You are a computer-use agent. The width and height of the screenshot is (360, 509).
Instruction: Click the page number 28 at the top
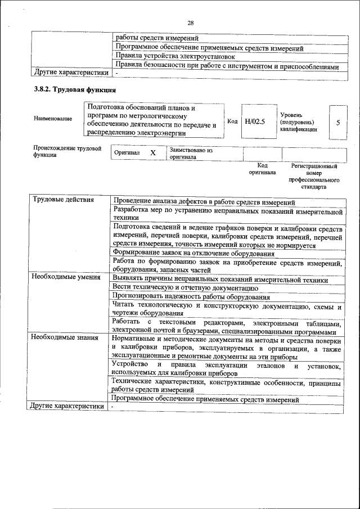tap(191, 23)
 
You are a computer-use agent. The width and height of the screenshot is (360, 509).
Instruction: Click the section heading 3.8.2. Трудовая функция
tap(75, 89)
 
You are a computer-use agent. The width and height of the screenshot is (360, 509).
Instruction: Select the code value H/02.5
tap(255, 120)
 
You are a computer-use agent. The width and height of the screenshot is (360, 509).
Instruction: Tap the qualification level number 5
tap(337, 121)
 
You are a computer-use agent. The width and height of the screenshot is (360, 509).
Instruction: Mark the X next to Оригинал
tap(152, 153)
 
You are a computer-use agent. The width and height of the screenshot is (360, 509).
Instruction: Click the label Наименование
tap(53, 119)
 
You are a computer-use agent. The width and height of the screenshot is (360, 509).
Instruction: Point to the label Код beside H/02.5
tap(232, 120)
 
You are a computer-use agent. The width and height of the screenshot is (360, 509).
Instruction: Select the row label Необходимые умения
tap(66, 277)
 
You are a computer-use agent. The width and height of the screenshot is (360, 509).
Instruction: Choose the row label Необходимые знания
tap(65, 338)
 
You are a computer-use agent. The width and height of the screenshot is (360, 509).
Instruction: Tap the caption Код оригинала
tap(262, 169)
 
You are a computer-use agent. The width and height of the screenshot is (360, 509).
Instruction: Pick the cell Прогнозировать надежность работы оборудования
tap(191, 296)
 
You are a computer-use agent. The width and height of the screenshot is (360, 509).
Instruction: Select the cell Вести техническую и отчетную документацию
tap(185, 287)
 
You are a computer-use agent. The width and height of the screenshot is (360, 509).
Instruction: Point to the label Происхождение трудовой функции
tap(67, 152)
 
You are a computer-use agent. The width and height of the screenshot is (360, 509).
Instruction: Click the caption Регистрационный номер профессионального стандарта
tap(314, 177)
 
